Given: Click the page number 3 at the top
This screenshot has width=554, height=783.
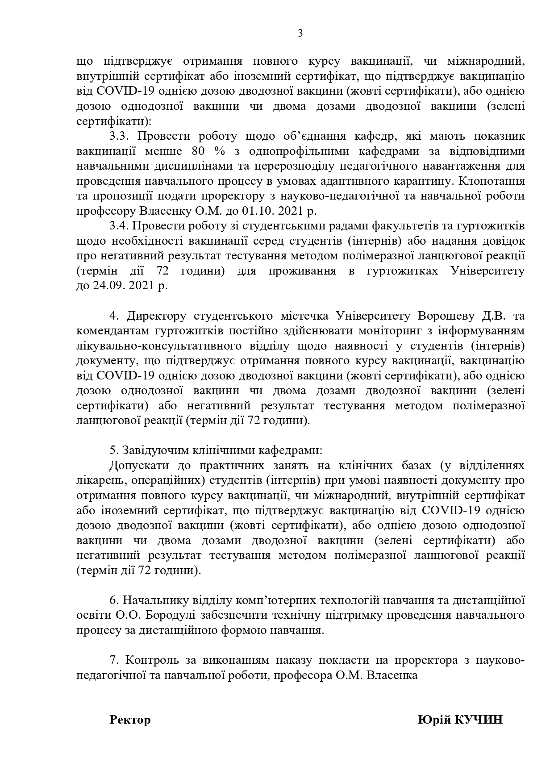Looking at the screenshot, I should [300, 33].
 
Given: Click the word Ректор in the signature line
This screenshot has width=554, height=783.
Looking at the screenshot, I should [130, 720].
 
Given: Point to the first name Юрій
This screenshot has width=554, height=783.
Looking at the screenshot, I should [433, 720].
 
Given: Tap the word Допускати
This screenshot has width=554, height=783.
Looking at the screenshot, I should [139, 466].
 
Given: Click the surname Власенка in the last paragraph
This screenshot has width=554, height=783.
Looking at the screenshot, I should [392, 675].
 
